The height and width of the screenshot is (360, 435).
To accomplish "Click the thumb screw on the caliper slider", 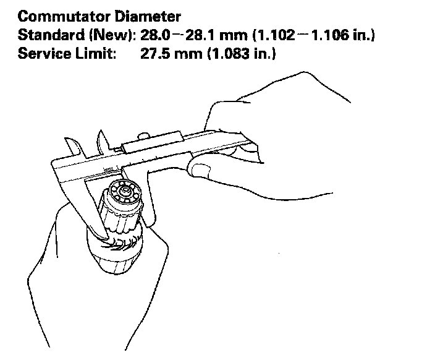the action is tap(143, 137).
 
